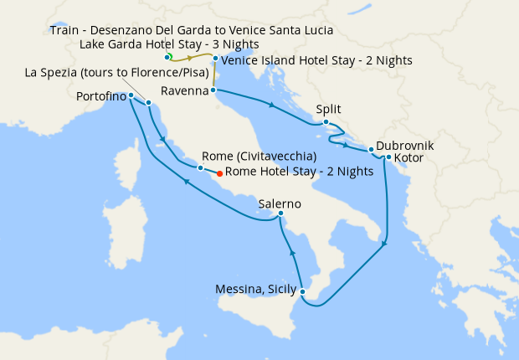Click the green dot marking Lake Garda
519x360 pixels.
coord(167,57)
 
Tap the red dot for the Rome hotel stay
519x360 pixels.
coord(219,174)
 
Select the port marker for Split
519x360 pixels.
coord(326,122)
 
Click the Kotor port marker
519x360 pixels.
coord(388,157)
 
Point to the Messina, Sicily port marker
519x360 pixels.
coord(302,292)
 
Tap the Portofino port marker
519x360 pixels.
coord(131,95)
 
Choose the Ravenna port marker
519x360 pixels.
coord(213,90)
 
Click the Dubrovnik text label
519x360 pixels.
coord(404,144)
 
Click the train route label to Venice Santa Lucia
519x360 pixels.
coord(191,30)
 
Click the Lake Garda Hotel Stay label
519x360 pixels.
coord(168,44)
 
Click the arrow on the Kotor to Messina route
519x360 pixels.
coord(384,244)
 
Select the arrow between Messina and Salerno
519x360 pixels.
coord(292,252)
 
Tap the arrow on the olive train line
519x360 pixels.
coord(191,59)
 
